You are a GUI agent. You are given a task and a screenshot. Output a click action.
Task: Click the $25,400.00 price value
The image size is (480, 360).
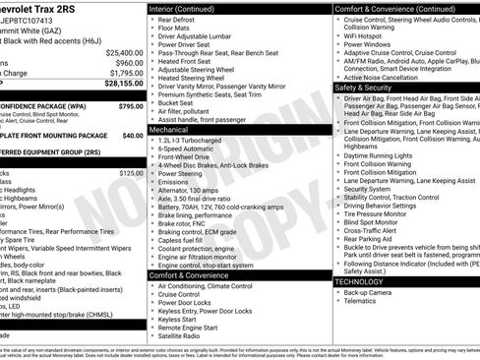124,52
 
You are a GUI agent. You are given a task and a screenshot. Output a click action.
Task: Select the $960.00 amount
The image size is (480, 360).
130,62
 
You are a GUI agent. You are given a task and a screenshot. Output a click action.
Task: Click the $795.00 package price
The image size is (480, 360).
130,105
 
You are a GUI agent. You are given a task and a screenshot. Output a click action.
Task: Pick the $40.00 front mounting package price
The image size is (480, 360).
133,135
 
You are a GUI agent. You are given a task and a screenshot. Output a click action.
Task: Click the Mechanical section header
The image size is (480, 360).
168,129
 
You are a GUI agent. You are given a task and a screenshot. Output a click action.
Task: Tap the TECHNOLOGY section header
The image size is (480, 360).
359,281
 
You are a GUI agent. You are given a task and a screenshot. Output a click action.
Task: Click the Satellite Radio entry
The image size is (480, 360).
186,336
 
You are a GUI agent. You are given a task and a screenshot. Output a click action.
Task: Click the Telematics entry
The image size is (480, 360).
361,302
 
